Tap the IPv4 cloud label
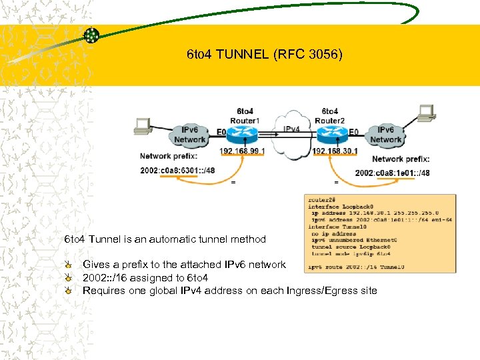[291, 129]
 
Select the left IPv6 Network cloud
[189, 135]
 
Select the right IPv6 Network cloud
[386, 135]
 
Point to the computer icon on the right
[425, 113]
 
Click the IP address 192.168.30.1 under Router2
[335, 151]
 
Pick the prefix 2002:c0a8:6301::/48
[177, 171]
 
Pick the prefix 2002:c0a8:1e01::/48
[393, 173]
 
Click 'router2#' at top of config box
[320, 199]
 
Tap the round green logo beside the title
[91, 37]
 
